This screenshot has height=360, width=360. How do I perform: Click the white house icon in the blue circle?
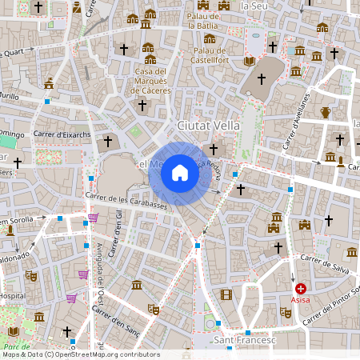click(180, 172)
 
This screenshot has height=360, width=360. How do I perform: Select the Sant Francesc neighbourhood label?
click(245, 342)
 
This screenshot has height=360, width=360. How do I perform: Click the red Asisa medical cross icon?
click(300, 289)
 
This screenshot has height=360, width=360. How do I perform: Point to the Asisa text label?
click(300, 303)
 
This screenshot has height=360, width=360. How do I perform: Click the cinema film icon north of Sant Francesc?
click(226, 295)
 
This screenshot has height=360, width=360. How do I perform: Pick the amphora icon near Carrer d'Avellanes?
click(326, 112)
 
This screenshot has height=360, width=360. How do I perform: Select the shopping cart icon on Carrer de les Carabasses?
click(93, 218)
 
